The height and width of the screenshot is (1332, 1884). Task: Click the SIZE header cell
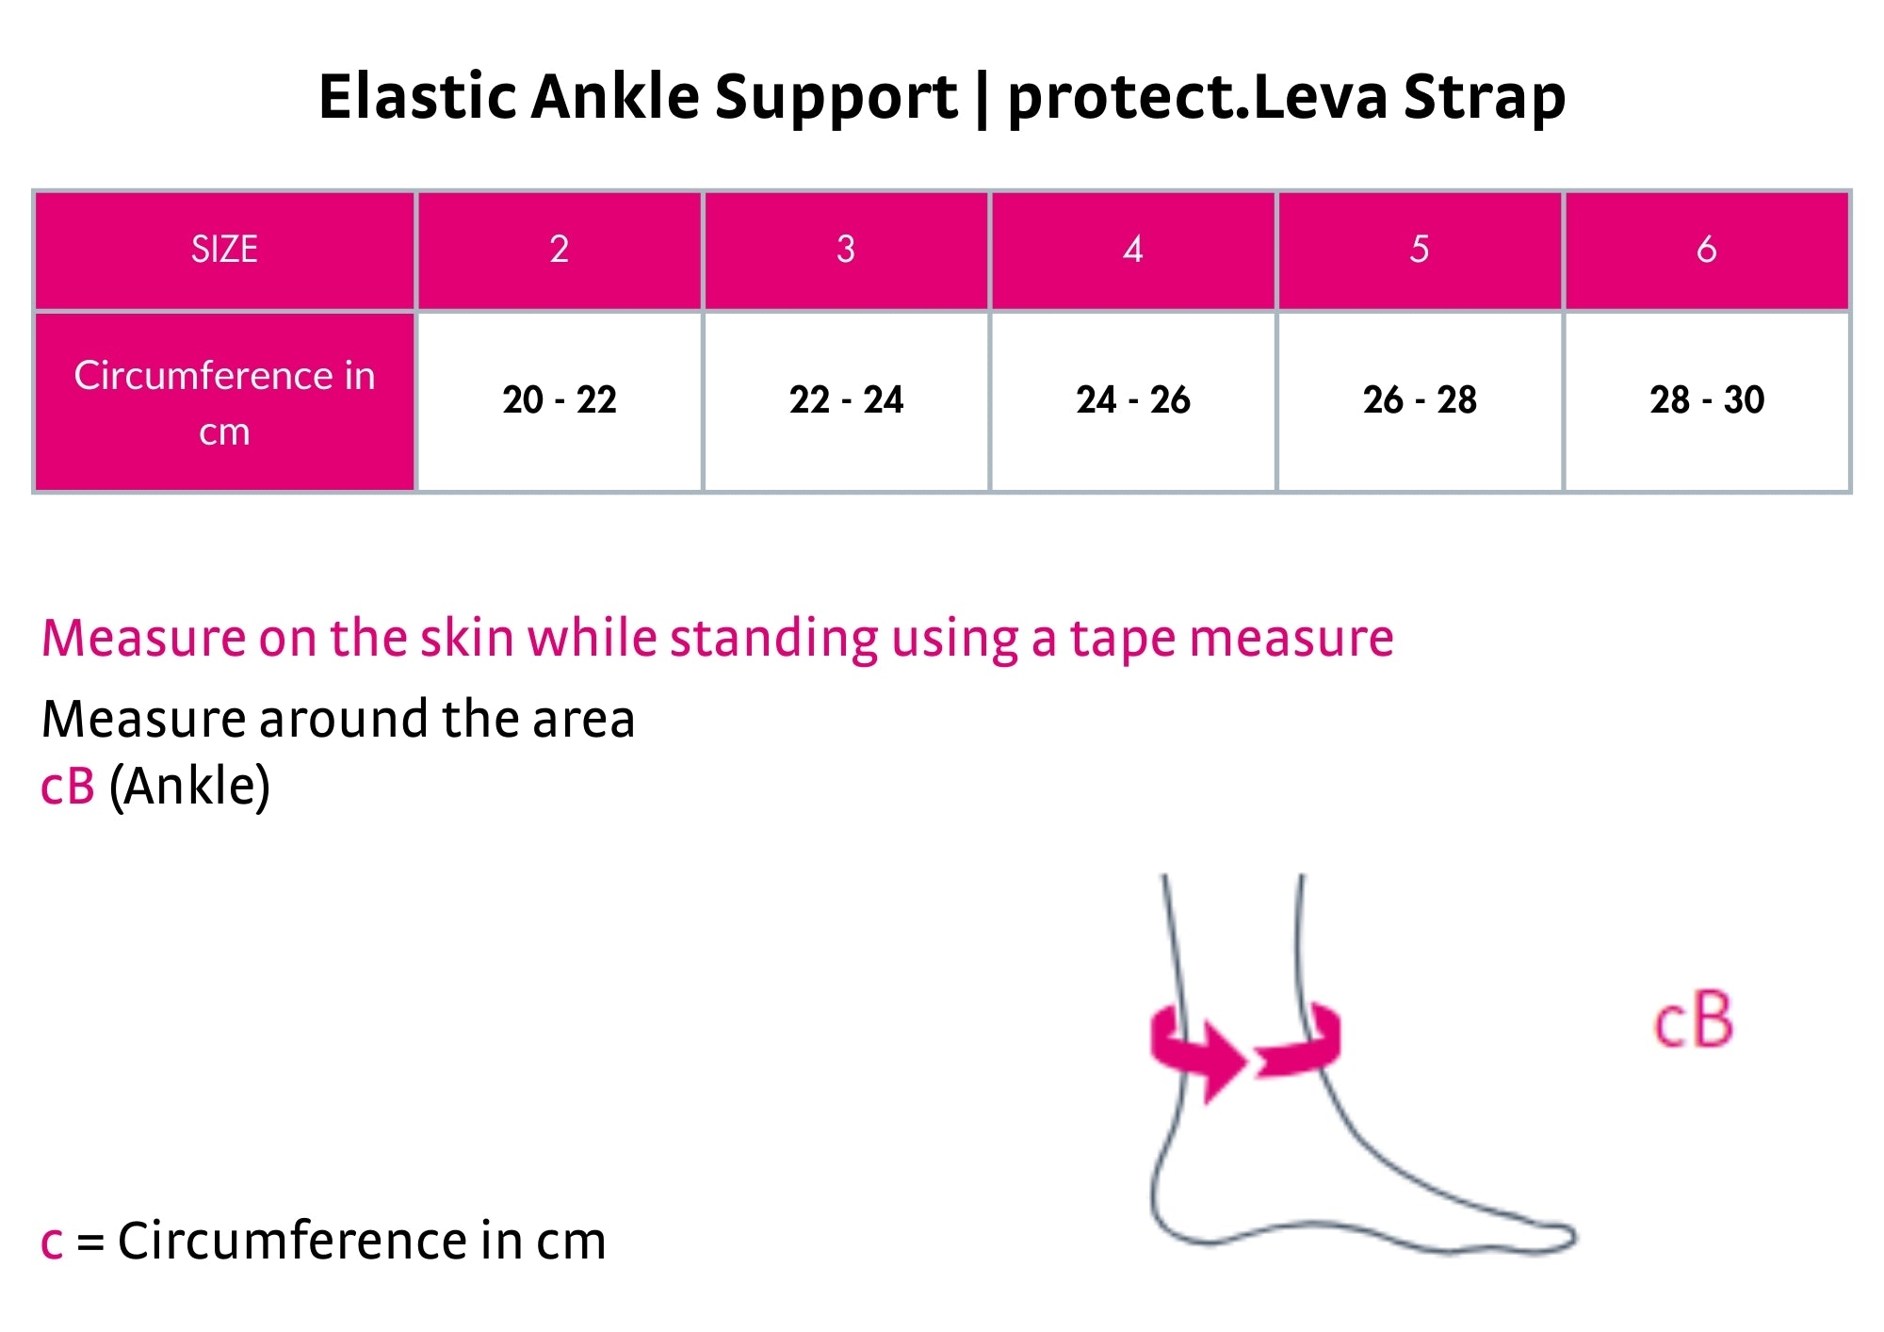pyautogui.click(x=224, y=250)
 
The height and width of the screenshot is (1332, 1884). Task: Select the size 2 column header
pyautogui.click(x=560, y=250)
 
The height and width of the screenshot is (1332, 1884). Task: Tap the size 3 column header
pyautogui.click(x=846, y=250)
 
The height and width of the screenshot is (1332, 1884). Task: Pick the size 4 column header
pyautogui.click(x=1133, y=250)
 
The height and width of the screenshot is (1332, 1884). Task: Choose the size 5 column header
pyautogui.click(x=1420, y=250)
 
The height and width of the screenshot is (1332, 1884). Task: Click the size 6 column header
pyautogui.click(x=1707, y=250)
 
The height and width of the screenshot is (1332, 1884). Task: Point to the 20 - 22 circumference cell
pyautogui.click(x=560, y=401)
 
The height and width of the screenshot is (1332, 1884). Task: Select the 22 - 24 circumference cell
pyautogui.click(x=846, y=401)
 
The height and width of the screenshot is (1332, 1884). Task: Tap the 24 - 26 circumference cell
pyautogui.click(x=1133, y=401)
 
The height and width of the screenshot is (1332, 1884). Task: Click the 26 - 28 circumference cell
pyautogui.click(x=1420, y=401)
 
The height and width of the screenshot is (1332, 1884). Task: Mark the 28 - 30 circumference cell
pyautogui.click(x=1707, y=401)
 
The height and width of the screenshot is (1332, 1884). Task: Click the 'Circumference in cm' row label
pyautogui.click(x=224, y=401)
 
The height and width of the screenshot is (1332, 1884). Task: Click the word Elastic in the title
pyautogui.click(x=417, y=96)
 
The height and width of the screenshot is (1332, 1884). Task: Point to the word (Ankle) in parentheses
pyautogui.click(x=189, y=787)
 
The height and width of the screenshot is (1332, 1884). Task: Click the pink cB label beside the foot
pyautogui.click(x=1693, y=1020)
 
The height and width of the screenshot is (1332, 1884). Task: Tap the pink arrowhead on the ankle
pyautogui.click(x=1225, y=1063)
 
